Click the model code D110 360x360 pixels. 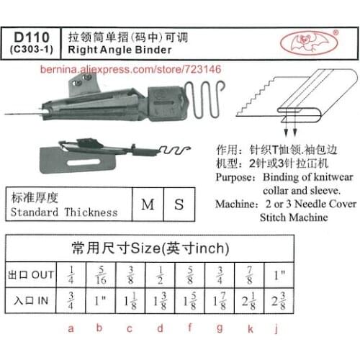click(x=34, y=35)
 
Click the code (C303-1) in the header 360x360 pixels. click(x=34, y=48)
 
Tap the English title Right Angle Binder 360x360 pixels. click(x=120, y=50)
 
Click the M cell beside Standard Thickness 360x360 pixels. click(x=147, y=204)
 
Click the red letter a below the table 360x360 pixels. click(x=70, y=330)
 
